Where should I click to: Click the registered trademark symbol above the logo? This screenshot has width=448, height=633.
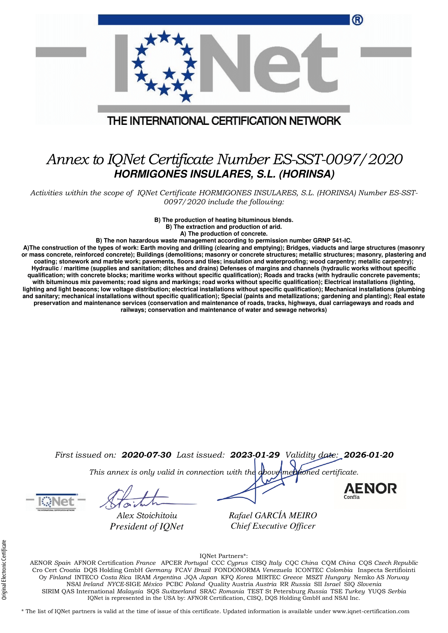tap(357, 20)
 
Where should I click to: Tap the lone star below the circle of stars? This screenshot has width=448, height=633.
tap(186, 96)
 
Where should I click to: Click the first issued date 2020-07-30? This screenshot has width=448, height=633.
tap(146, 455)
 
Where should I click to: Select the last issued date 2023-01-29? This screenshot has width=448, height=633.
tap(255, 455)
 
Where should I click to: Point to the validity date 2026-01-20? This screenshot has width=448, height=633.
tap(369, 455)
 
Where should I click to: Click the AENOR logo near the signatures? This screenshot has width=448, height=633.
tap(370, 490)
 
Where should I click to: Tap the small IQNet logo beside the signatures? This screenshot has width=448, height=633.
tap(56, 502)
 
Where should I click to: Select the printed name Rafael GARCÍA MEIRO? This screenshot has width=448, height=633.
tap(273, 515)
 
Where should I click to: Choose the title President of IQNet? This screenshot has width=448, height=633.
tap(147, 527)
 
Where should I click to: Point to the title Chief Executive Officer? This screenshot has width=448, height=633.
tap(273, 526)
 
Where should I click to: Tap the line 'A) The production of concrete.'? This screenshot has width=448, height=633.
tap(224, 233)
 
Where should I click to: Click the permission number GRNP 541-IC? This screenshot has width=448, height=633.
tap(332, 240)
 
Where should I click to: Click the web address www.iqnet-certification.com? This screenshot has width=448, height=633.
tap(371, 611)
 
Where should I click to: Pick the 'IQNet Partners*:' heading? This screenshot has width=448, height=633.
tap(223, 556)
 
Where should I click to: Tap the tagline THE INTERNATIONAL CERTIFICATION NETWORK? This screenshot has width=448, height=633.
tap(224, 121)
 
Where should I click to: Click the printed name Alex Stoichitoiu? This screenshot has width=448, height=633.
tap(147, 516)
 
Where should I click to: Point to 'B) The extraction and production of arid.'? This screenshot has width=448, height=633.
tap(224, 227)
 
